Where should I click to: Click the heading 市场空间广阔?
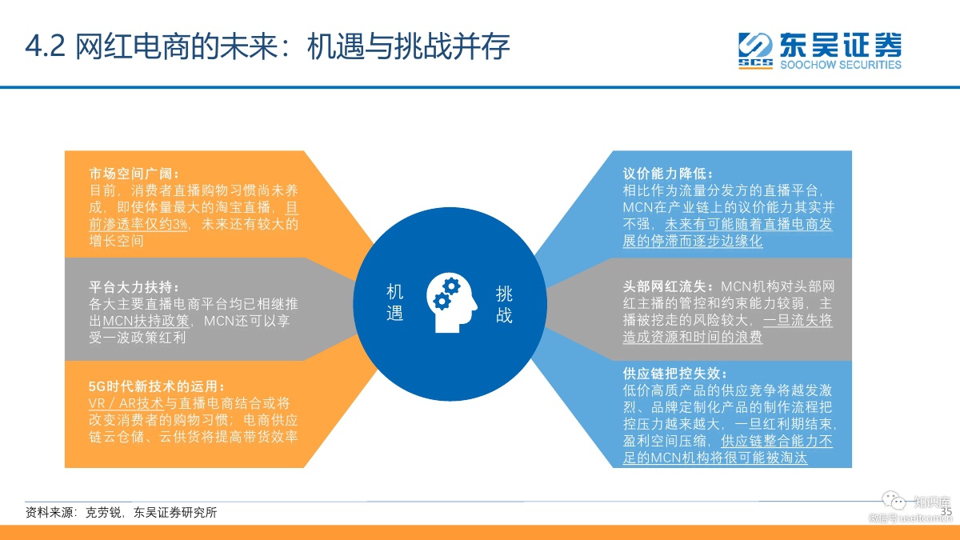tap(131, 174)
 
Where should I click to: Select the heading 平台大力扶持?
tap(131, 287)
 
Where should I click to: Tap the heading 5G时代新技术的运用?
tap(154, 386)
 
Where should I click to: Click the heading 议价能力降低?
tap(665, 174)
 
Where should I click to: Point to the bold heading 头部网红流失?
tap(665, 286)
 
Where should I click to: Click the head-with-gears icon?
tap(451, 302)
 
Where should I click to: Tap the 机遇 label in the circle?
tap(394, 302)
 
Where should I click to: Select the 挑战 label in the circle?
tap(504, 305)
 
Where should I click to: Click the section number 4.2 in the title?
tap(46, 46)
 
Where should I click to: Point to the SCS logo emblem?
tap(755, 50)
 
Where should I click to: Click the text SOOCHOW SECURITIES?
tap(841, 65)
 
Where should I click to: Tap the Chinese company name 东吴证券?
tap(841, 45)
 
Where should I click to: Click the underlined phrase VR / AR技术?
tap(126, 403)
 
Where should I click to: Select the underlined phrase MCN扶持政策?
tap(146, 321)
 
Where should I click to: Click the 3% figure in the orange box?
tap(181, 224)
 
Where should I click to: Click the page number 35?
tap(946, 511)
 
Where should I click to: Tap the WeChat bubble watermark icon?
tap(894, 500)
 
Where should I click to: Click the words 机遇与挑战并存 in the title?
tap(409, 46)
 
